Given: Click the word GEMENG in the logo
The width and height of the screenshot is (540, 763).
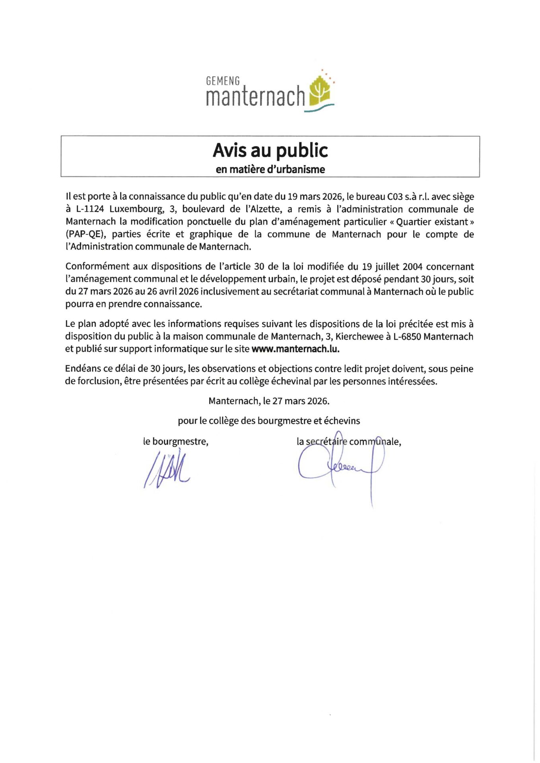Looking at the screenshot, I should pyautogui.click(x=223, y=81).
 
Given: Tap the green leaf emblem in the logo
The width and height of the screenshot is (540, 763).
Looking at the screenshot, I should pyautogui.click(x=321, y=91).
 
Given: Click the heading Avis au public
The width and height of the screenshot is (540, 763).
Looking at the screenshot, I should pyautogui.click(x=270, y=150).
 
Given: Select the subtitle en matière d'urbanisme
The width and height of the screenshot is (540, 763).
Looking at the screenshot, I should pyautogui.click(x=270, y=169).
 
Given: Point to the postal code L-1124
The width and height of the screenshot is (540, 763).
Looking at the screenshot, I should pyautogui.click(x=90, y=209).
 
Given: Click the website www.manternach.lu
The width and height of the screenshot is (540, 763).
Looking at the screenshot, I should pyautogui.click(x=295, y=349).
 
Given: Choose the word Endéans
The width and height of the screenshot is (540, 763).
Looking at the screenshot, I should pyautogui.click(x=83, y=369).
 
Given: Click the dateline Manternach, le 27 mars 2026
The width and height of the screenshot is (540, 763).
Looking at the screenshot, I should pyautogui.click(x=269, y=401).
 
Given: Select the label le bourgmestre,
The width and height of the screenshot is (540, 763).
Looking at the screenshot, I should pyautogui.click(x=176, y=442).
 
